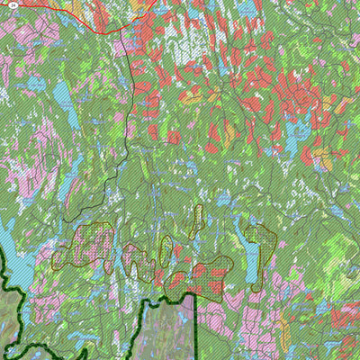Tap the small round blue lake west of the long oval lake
tap(35, 84)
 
